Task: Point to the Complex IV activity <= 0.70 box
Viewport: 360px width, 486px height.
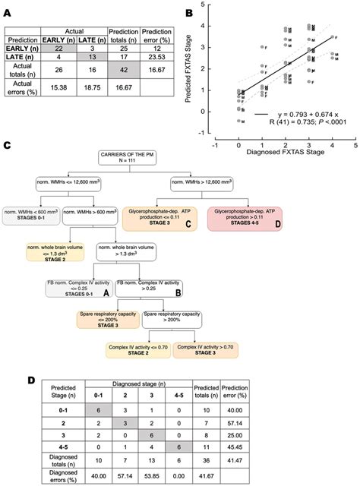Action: [x=136, y=349]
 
